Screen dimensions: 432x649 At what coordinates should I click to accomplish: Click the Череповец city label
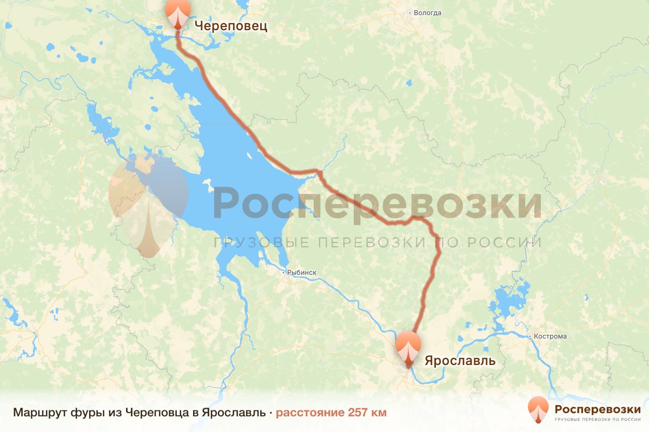point(230,25)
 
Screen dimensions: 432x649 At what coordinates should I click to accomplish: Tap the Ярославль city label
point(460,360)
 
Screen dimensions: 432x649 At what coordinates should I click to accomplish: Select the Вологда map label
point(428,12)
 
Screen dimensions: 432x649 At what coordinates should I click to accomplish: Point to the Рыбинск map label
point(302,273)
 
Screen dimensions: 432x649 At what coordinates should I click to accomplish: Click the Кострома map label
point(550,336)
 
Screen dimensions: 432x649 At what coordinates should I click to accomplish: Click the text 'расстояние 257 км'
point(331,413)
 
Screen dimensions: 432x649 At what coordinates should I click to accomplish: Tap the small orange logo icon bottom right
point(539,410)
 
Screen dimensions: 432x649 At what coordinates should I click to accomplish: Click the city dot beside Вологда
point(410,12)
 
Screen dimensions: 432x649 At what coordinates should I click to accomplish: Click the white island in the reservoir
point(207,186)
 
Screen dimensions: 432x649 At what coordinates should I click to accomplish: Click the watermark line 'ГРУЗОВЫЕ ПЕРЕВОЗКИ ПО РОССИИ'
point(378,242)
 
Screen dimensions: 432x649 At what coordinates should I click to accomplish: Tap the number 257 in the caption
point(360,413)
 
